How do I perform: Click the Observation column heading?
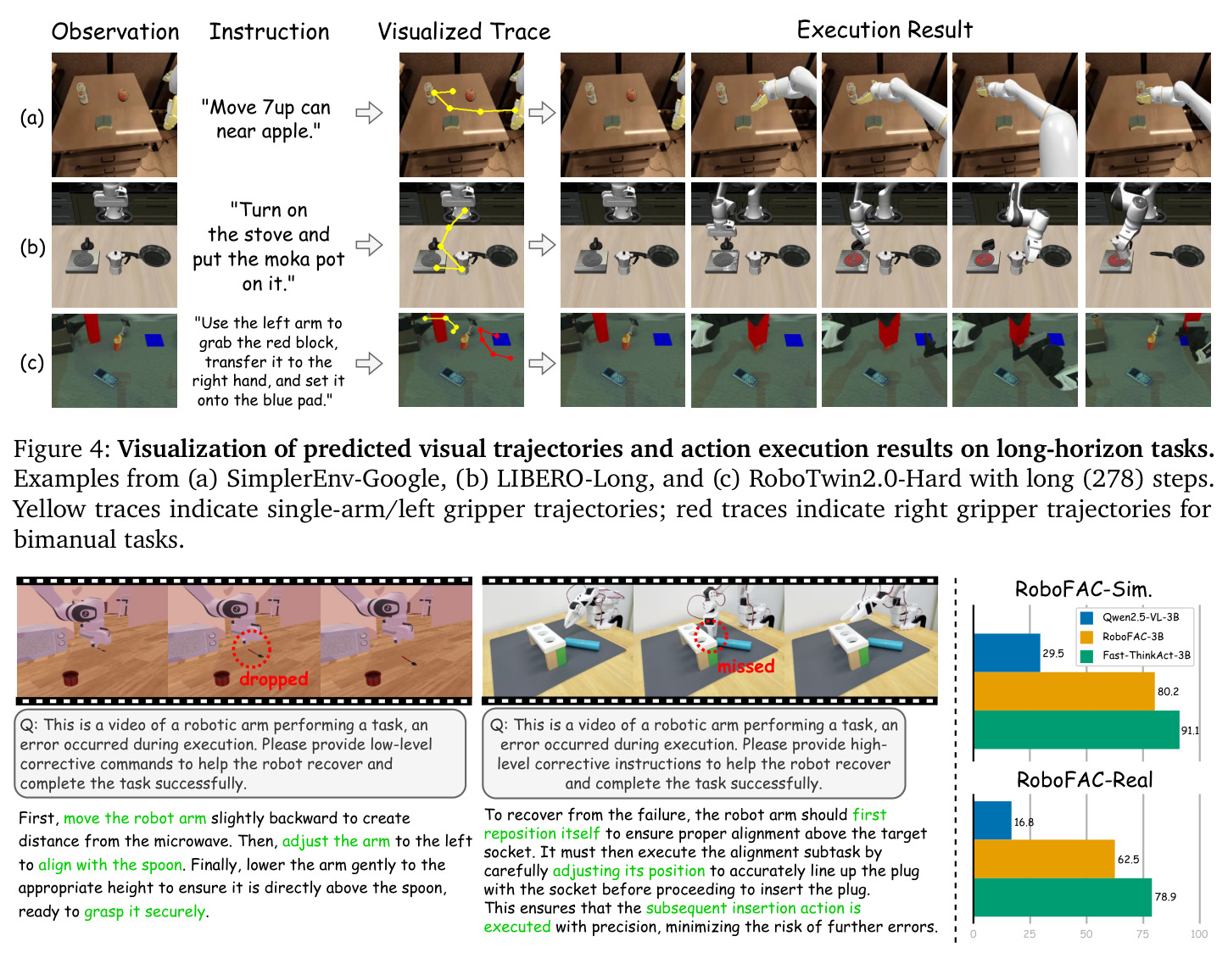point(115,31)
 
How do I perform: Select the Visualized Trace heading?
point(464,31)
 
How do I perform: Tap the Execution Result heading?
point(885,30)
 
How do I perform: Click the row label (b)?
point(32,247)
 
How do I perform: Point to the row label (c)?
point(32,362)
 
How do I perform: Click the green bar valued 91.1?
point(1076,729)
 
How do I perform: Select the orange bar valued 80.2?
point(1063,692)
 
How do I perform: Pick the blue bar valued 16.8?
point(992,820)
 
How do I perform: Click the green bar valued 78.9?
point(1063,897)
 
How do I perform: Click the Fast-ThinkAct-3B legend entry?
point(1135,655)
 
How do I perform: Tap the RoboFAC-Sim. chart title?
point(1083,589)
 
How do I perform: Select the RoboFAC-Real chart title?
point(1085,780)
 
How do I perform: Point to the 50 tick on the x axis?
point(1086,933)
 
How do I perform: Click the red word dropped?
point(274,679)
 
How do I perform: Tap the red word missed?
point(746,666)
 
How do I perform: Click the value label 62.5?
point(1128,859)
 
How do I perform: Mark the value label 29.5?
point(1052,654)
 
